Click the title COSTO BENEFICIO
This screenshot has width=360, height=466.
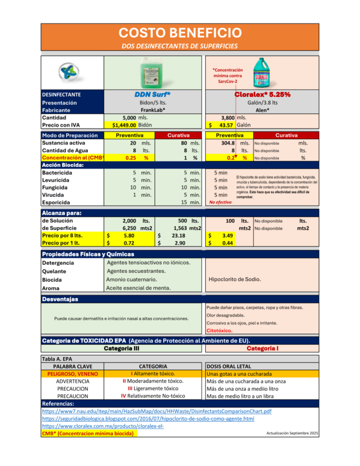click(180, 32)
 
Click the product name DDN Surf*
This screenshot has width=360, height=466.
click(153, 94)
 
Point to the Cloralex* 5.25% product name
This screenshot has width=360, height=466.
click(262, 94)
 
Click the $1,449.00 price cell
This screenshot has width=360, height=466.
click(121, 125)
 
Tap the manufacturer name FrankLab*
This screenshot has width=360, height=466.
click(153, 110)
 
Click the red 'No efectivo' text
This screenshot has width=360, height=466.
click(220, 202)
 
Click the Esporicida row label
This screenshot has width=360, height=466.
click(56, 203)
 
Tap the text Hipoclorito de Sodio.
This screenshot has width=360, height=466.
click(235, 279)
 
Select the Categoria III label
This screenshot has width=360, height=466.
click(121, 348)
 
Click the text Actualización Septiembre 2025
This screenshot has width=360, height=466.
click(292, 433)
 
